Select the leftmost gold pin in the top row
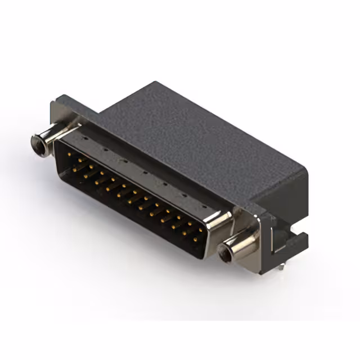[x=69, y=152]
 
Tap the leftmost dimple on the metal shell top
[x=85, y=137]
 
